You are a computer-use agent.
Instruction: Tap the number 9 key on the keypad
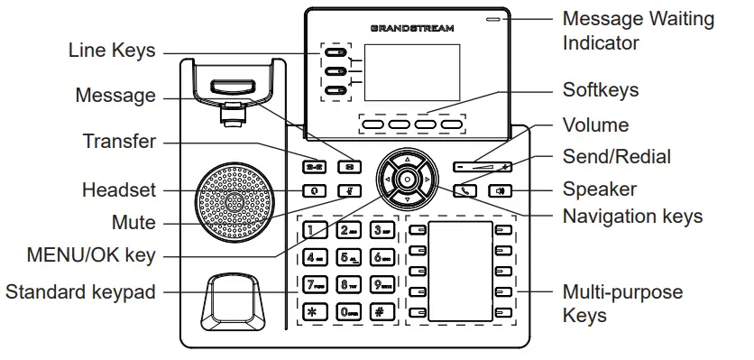[x=381, y=287]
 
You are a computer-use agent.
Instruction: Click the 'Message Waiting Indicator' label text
[x=638, y=30]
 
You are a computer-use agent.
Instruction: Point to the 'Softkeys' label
[x=600, y=89]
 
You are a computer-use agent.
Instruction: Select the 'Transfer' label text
[x=119, y=142]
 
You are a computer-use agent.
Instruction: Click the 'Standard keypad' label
[x=80, y=291]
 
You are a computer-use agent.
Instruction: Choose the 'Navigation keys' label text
[x=632, y=216]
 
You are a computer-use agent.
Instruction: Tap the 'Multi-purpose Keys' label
[x=622, y=304]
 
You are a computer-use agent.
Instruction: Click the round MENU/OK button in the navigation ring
[x=407, y=180]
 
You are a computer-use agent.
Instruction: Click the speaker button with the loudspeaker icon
[x=500, y=190]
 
